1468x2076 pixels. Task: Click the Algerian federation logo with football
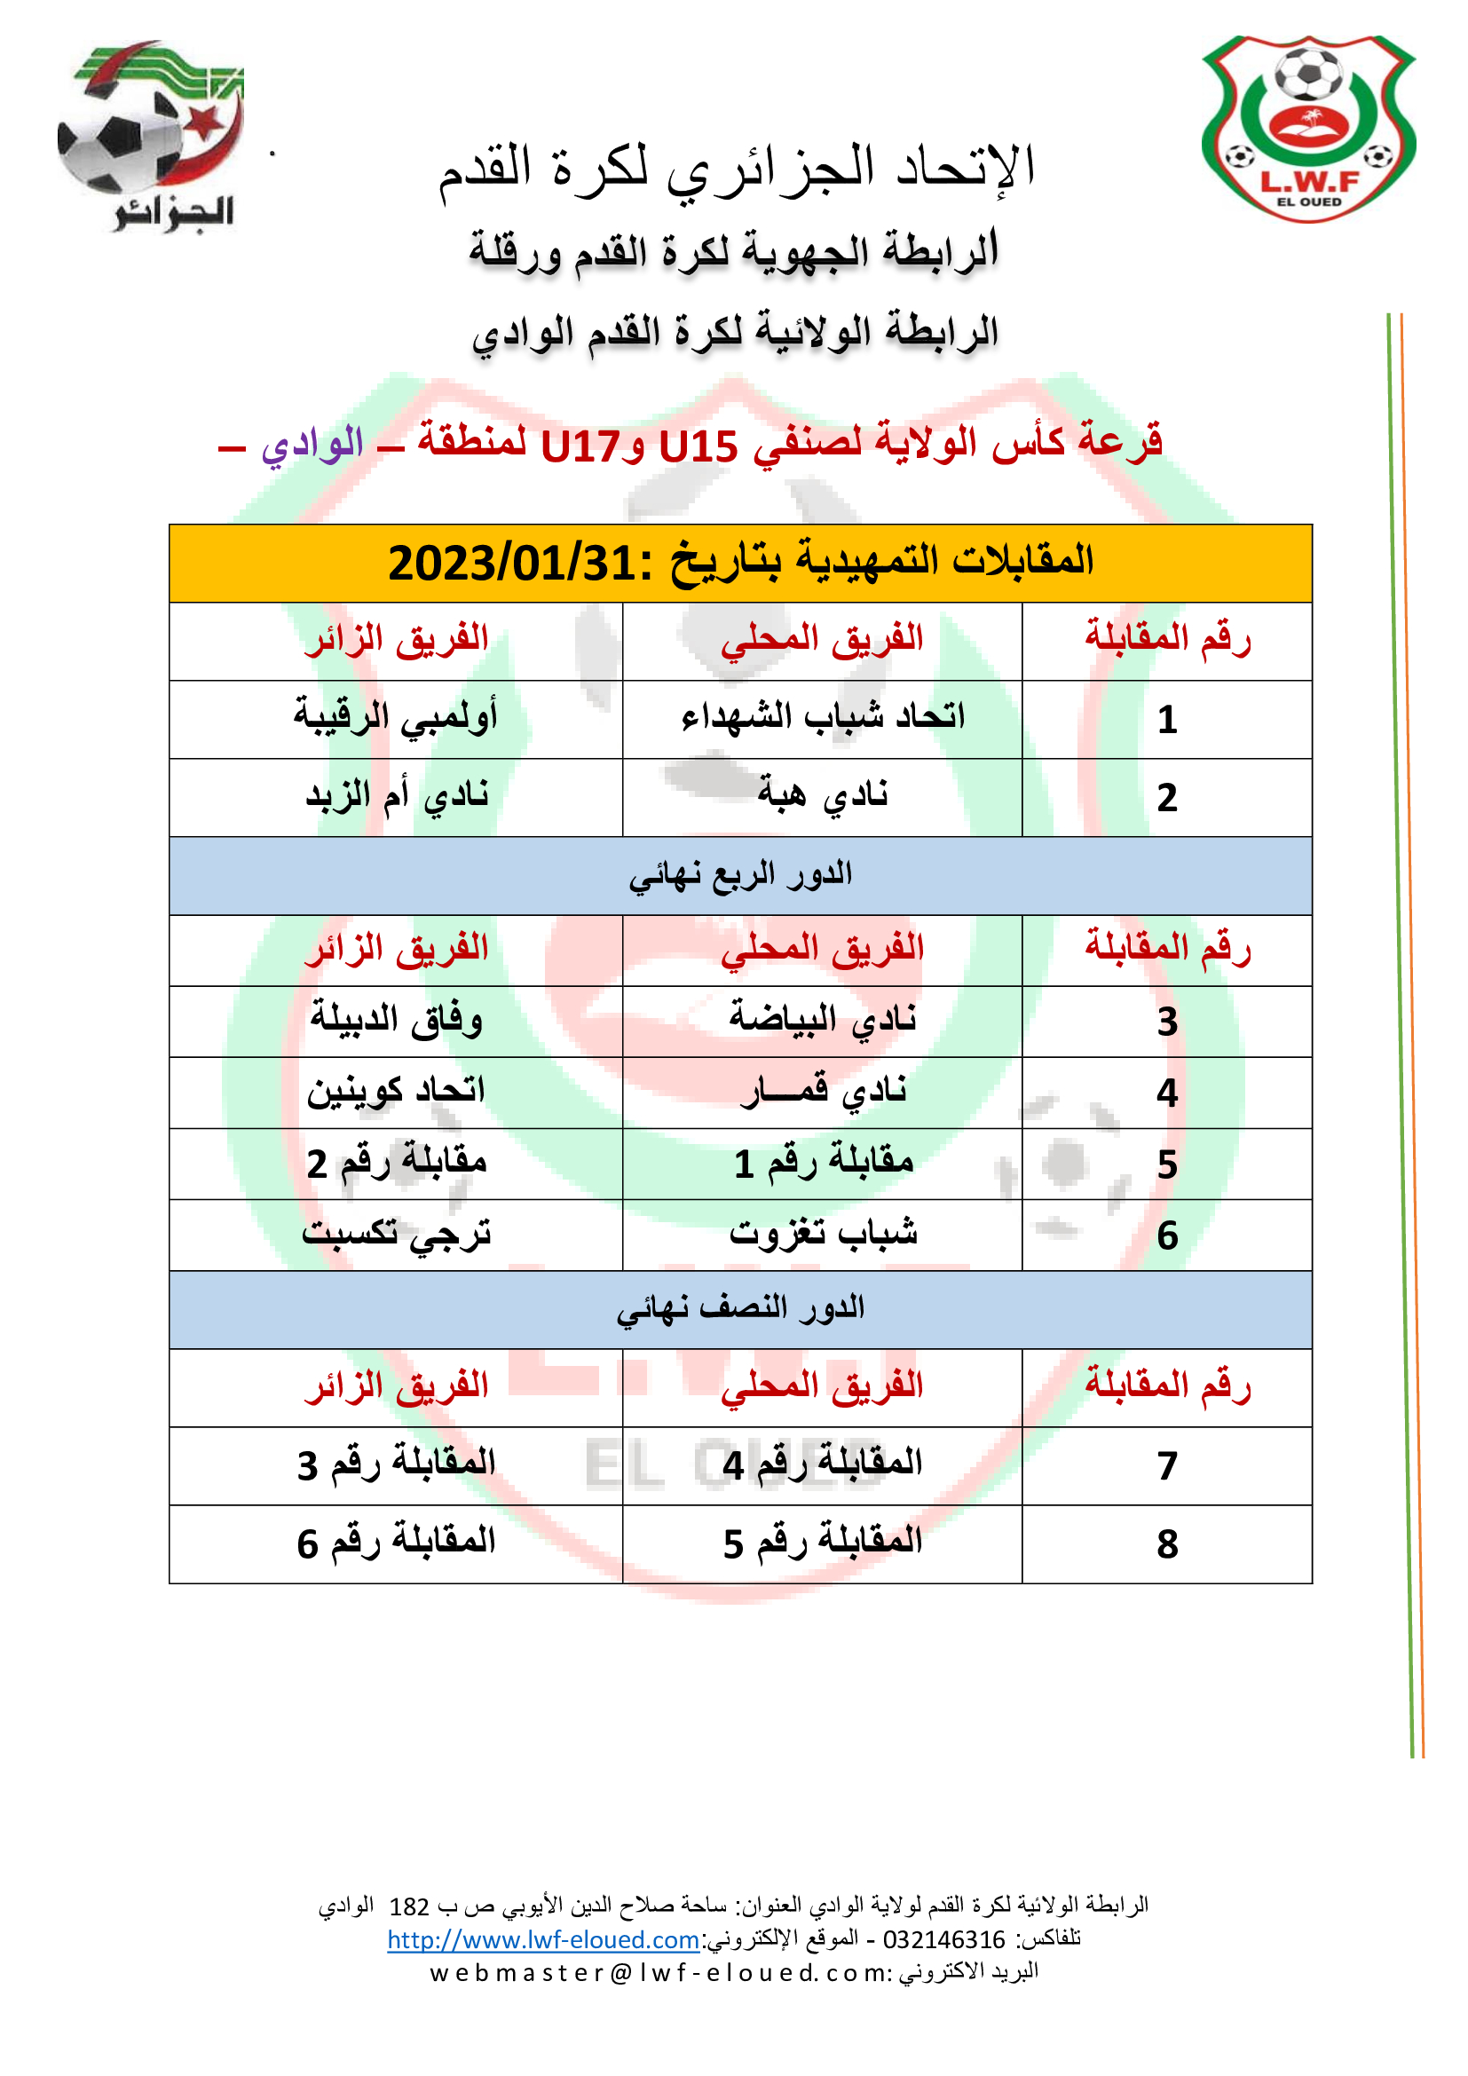tap(149, 136)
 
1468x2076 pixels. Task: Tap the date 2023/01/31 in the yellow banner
tap(511, 564)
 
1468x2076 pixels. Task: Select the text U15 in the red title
tap(698, 446)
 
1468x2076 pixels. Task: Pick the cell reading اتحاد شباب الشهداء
tap(823, 717)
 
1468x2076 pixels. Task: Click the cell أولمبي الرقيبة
tap(396, 717)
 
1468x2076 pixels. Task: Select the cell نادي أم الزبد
tap(396, 795)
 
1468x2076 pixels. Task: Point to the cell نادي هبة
tap(823, 795)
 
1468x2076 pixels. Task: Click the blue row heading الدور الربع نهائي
tap(740, 874)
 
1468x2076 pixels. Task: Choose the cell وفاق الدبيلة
tap(396, 1020)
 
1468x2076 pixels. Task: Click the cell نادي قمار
tap(823, 1092)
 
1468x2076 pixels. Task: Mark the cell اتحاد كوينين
tap(396, 1092)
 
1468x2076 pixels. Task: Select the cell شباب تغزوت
tap(823, 1234)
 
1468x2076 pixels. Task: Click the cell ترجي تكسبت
tap(396, 1234)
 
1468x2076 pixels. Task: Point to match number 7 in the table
tap(1167, 1465)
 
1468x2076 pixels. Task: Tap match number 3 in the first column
tap(1167, 1022)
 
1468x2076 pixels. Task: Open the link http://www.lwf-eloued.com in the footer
tap(542, 1939)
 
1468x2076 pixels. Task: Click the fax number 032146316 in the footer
tap(943, 1939)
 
